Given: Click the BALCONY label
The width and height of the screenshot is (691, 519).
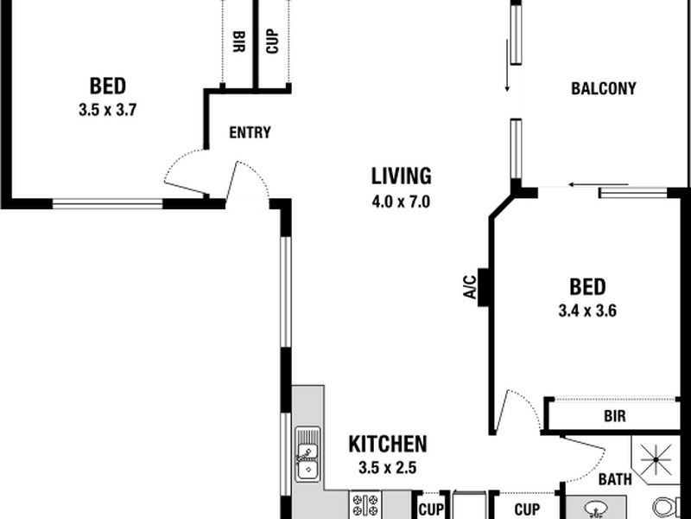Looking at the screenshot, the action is click(x=603, y=89).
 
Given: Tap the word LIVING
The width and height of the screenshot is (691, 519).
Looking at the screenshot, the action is click(x=401, y=176).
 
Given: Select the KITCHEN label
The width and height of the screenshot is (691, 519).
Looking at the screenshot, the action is click(x=388, y=444).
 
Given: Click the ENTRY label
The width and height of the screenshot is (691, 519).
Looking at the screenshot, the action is click(x=250, y=132).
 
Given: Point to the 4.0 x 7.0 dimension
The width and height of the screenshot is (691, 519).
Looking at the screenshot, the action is click(x=401, y=202).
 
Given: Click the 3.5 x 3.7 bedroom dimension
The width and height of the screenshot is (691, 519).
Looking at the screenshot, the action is click(x=107, y=110).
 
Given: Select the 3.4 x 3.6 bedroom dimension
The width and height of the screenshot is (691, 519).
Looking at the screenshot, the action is click(x=587, y=311).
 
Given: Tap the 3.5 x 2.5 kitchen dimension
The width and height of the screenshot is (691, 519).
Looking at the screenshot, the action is click(x=387, y=467).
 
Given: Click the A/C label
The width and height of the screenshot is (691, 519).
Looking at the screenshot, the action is click(x=470, y=287).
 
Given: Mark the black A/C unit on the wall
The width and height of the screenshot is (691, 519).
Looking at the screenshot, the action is click(x=483, y=287).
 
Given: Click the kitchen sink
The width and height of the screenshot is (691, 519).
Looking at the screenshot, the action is click(x=307, y=454).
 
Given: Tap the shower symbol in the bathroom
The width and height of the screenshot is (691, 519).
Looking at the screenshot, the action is click(x=656, y=459).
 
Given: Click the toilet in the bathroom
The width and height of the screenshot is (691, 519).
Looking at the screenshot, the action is click(x=666, y=508).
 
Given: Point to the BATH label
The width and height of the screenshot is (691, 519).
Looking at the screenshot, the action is click(x=615, y=479).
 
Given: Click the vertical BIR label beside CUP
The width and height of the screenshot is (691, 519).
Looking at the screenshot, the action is click(x=239, y=42).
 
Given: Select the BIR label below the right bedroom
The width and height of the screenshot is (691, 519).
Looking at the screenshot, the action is click(x=615, y=416).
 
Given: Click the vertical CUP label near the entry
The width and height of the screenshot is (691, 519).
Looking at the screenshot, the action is click(x=272, y=42).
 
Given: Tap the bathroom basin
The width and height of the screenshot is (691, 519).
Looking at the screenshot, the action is click(x=596, y=510).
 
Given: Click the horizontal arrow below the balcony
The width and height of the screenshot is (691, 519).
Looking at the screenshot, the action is click(x=599, y=184).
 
